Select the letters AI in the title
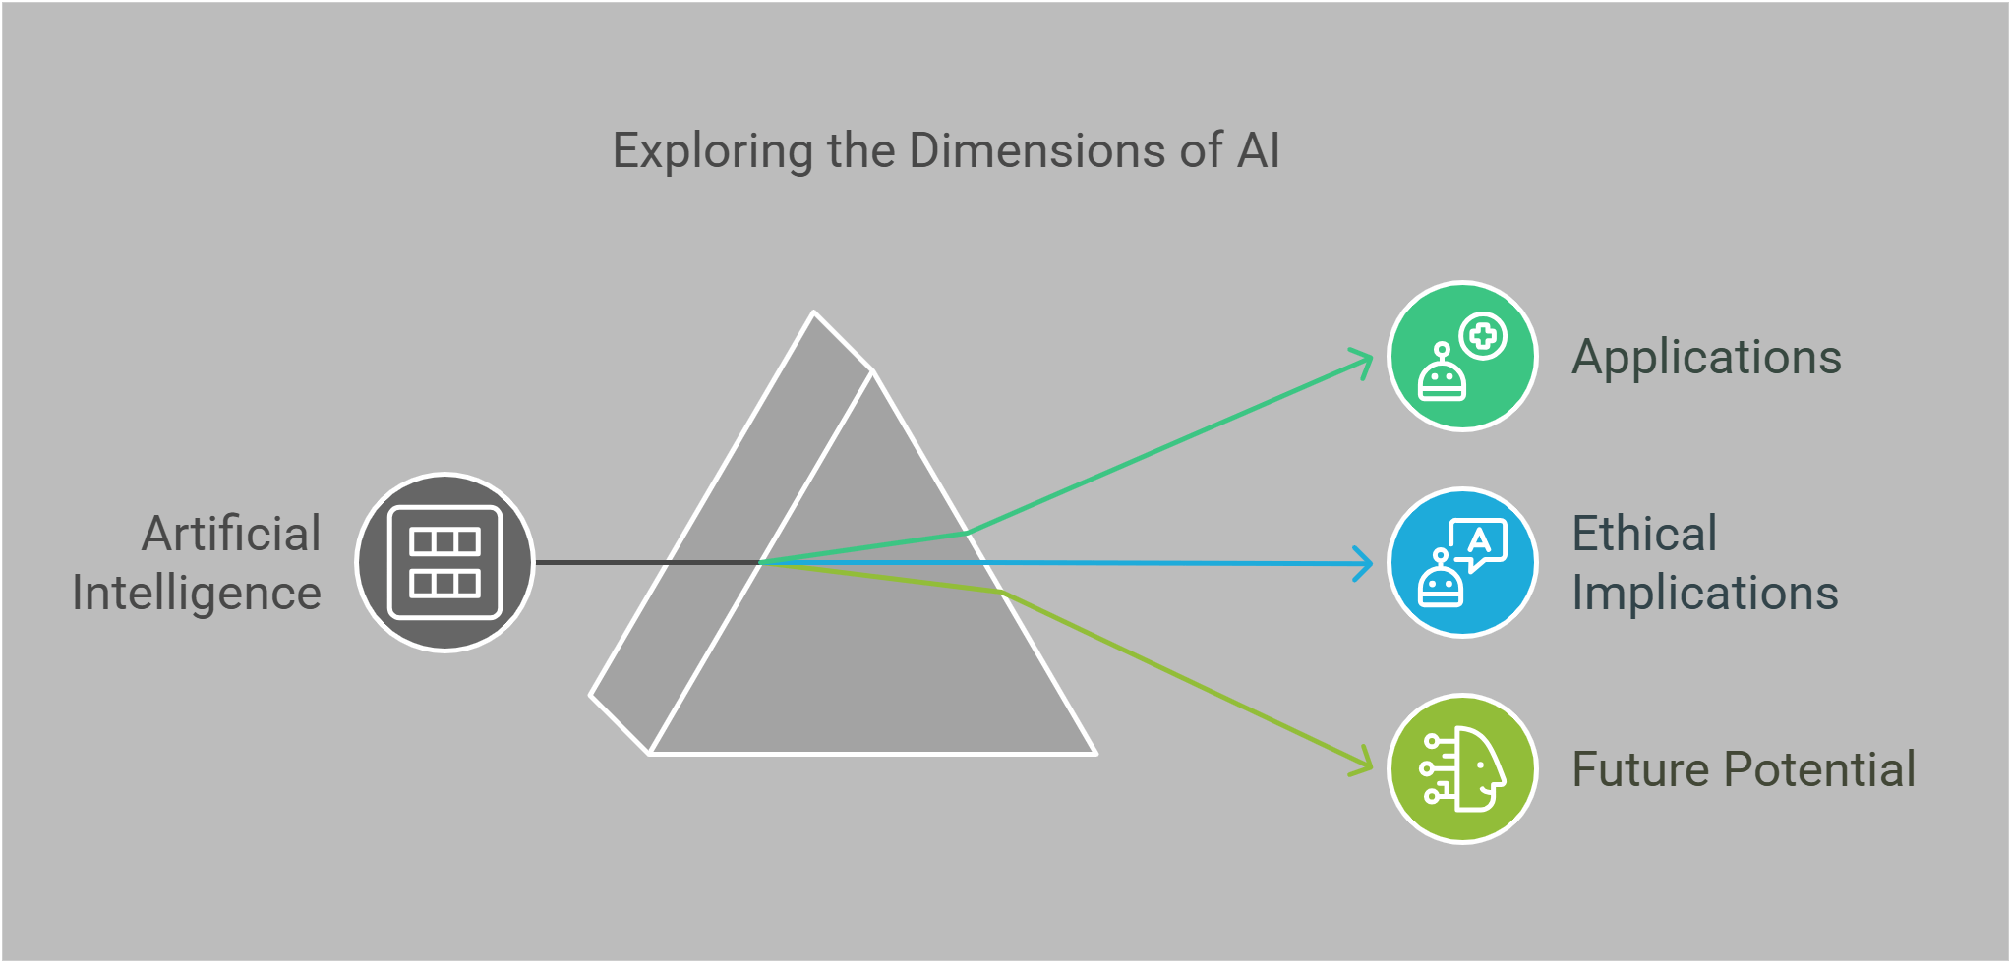point(1258,151)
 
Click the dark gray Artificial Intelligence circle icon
point(444,562)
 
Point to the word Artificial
point(232,534)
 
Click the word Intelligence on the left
point(197,594)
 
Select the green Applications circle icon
point(1462,357)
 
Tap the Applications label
point(1706,357)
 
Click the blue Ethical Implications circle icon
point(1462,563)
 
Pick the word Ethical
point(1644,534)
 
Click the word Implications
point(1704,594)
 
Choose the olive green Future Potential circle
point(1462,769)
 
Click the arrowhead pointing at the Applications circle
point(1365,361)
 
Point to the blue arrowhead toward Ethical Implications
point(1365,564)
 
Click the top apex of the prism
point(814,313)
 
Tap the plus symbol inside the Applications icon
point(1483,337)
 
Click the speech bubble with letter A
point(1479,542)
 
